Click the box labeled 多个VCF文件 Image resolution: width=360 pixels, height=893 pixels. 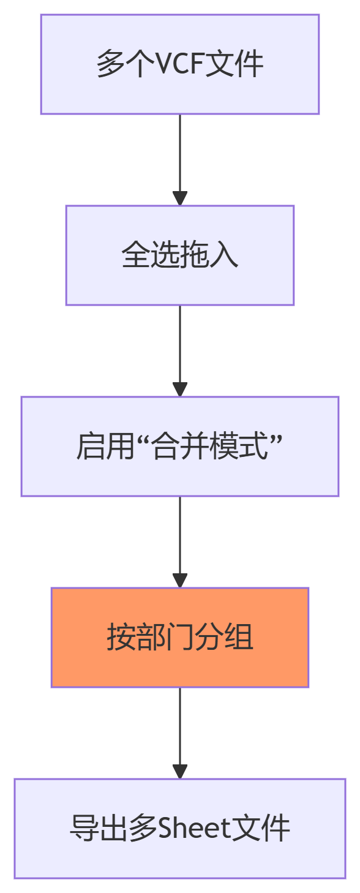180,64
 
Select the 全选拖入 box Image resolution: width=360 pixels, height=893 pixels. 180,255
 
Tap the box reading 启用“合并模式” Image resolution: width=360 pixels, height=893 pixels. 180,446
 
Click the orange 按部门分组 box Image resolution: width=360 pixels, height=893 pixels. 180,637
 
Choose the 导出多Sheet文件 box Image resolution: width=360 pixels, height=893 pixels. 180,829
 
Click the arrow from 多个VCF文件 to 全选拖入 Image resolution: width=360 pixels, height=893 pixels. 180,160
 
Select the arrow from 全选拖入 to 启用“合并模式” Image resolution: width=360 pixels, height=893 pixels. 180,351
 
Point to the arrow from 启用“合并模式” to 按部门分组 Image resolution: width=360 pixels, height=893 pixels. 180,542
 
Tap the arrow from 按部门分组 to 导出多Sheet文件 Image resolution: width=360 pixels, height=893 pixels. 180,733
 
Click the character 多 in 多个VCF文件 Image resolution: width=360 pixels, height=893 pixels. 110,64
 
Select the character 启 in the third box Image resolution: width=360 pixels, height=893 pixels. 91,446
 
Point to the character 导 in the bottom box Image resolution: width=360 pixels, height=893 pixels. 84,829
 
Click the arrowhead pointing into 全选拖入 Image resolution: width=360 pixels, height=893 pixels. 180,198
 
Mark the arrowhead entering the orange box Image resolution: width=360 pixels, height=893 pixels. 180,580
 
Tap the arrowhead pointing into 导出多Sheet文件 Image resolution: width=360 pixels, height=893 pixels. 180,771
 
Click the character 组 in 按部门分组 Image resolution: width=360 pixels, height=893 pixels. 239,637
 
